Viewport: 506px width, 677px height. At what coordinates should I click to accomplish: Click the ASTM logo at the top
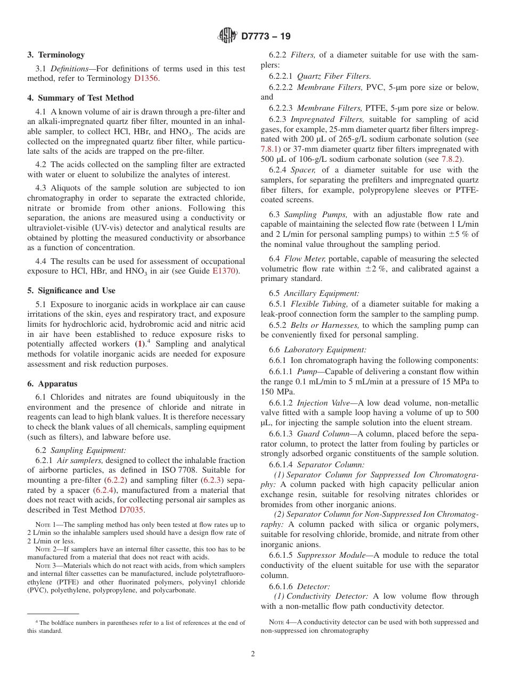pos(228,36)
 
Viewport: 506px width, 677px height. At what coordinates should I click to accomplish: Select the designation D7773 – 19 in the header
pos(266,37)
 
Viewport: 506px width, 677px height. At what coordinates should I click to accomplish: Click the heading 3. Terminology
pos(56,55)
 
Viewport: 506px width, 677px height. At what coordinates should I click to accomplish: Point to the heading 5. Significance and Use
pos(71,291)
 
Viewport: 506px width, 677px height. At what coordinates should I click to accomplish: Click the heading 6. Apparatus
pos(52,384)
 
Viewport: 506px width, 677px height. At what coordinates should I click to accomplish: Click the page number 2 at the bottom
pos(253,654)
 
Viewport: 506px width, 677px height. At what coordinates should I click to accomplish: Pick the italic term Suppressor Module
pos(323,555)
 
